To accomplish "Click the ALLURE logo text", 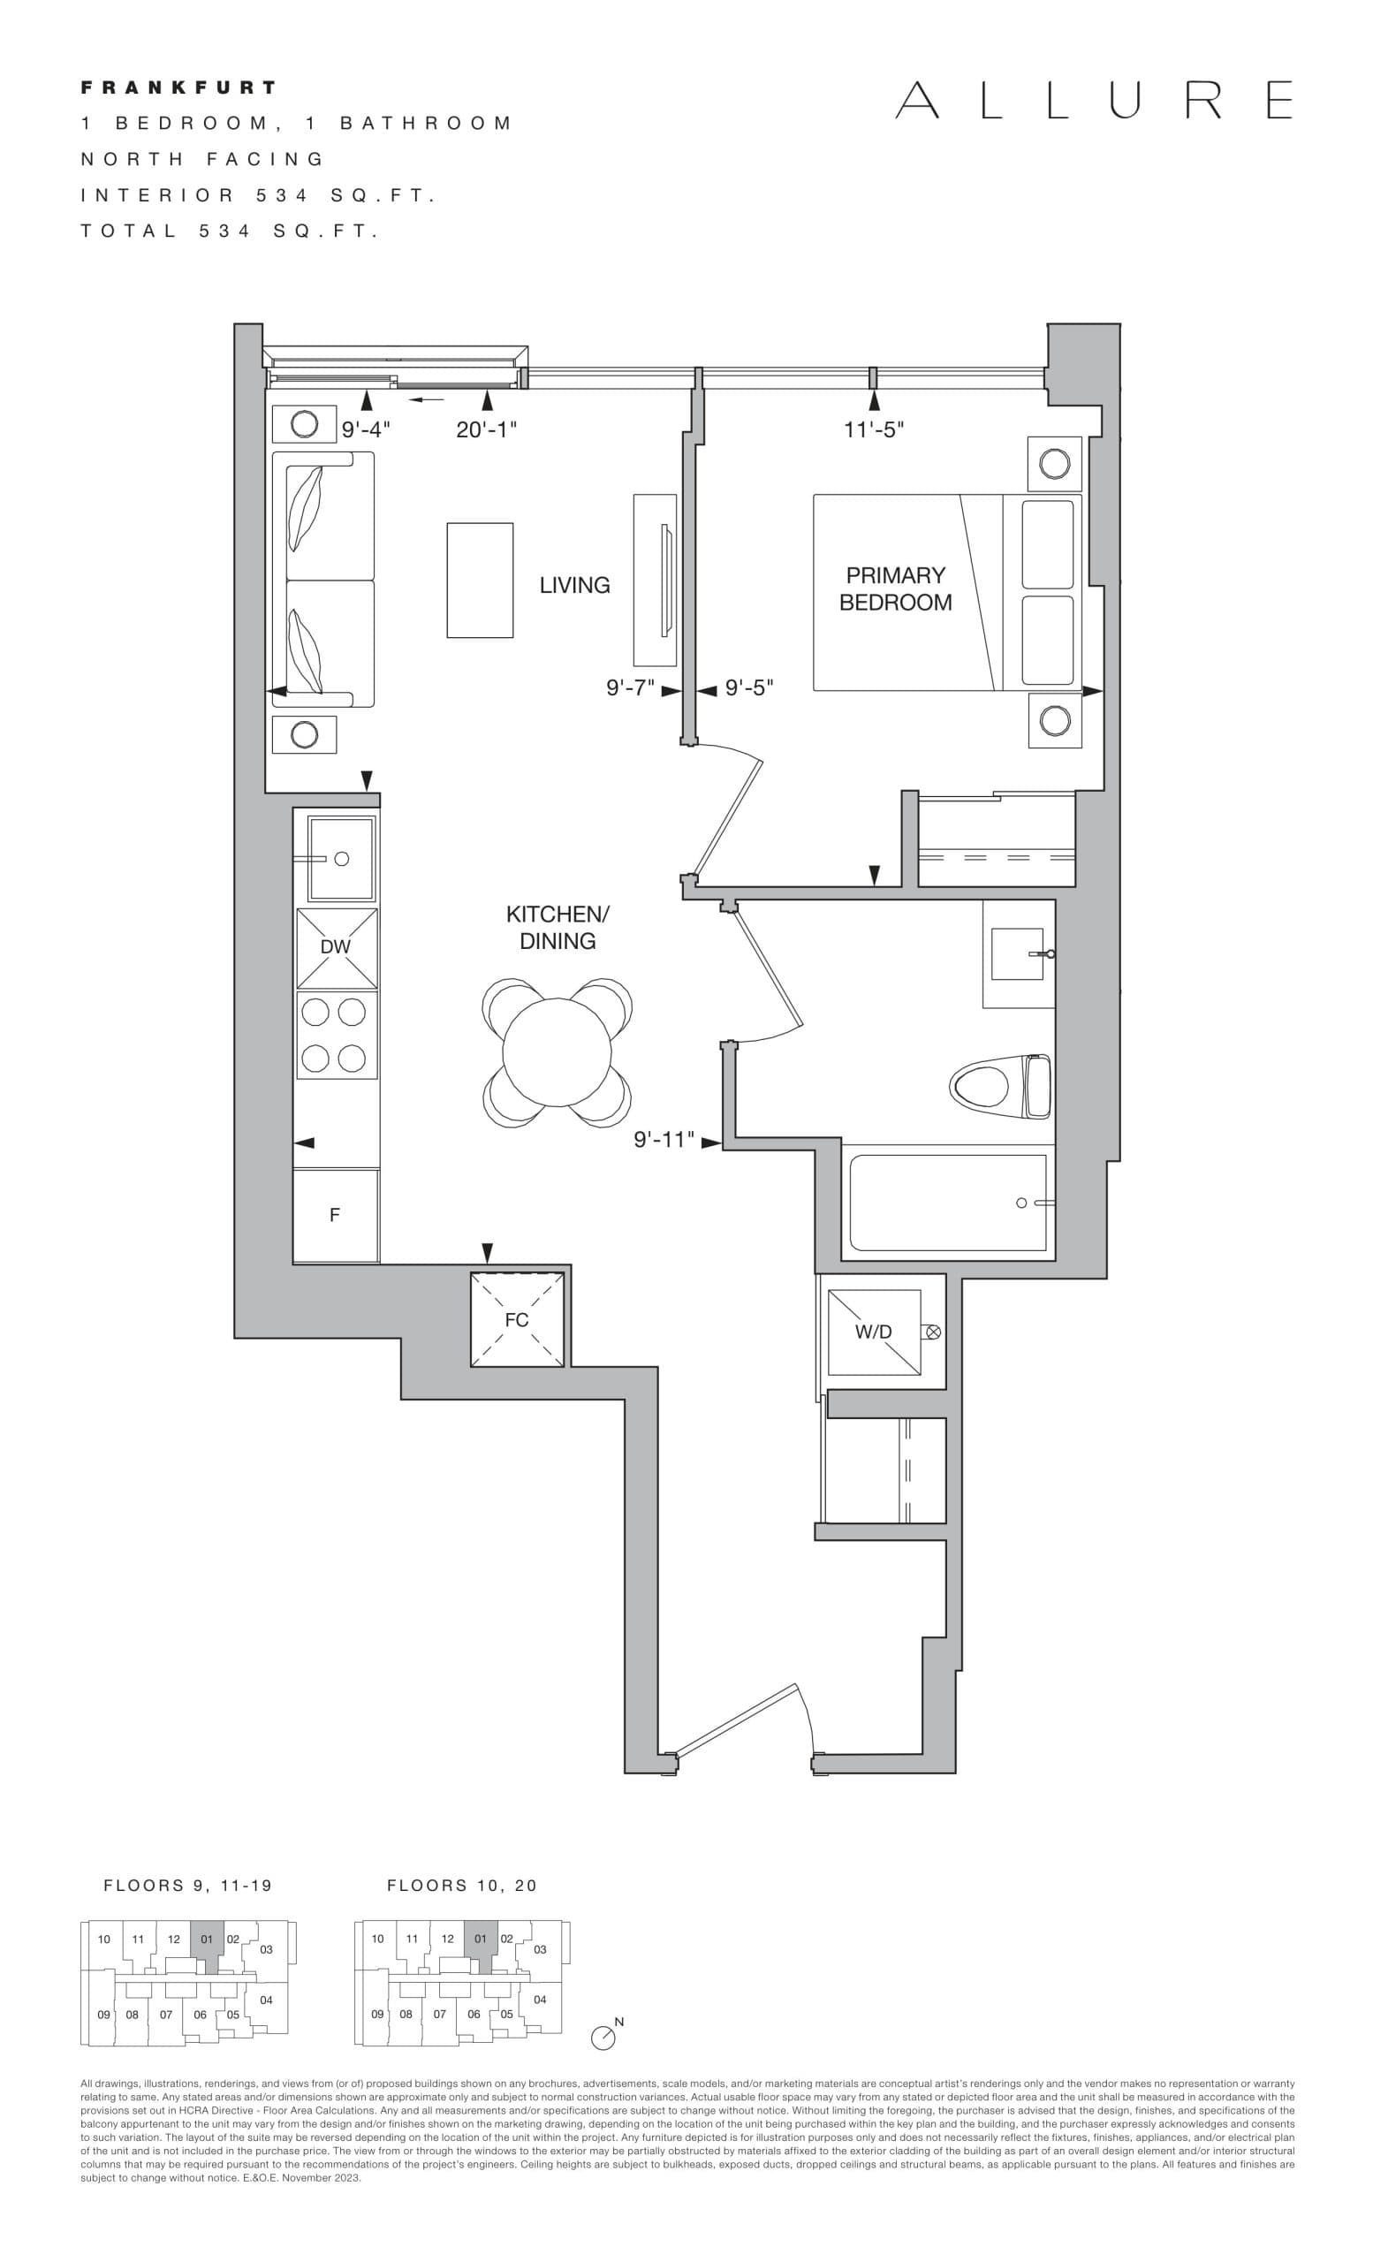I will pos(1093,100).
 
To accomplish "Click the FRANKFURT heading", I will pos(178,88).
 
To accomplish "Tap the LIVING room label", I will pos(574,585).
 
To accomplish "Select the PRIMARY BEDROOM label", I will pos(895,588).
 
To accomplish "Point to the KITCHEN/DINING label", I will pos(558,927).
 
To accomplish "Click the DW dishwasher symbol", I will pos(336,947).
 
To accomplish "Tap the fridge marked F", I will pos(335,1215).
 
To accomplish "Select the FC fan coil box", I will pos(517,1319).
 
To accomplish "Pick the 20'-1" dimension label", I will pos(487,429).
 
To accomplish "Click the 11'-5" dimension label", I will pos(874,429).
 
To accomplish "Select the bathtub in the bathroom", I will pos(948,1203).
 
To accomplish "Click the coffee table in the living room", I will pos(480,581).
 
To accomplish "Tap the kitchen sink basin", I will pos(341,858).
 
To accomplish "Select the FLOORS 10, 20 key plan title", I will pos(462,1886).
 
